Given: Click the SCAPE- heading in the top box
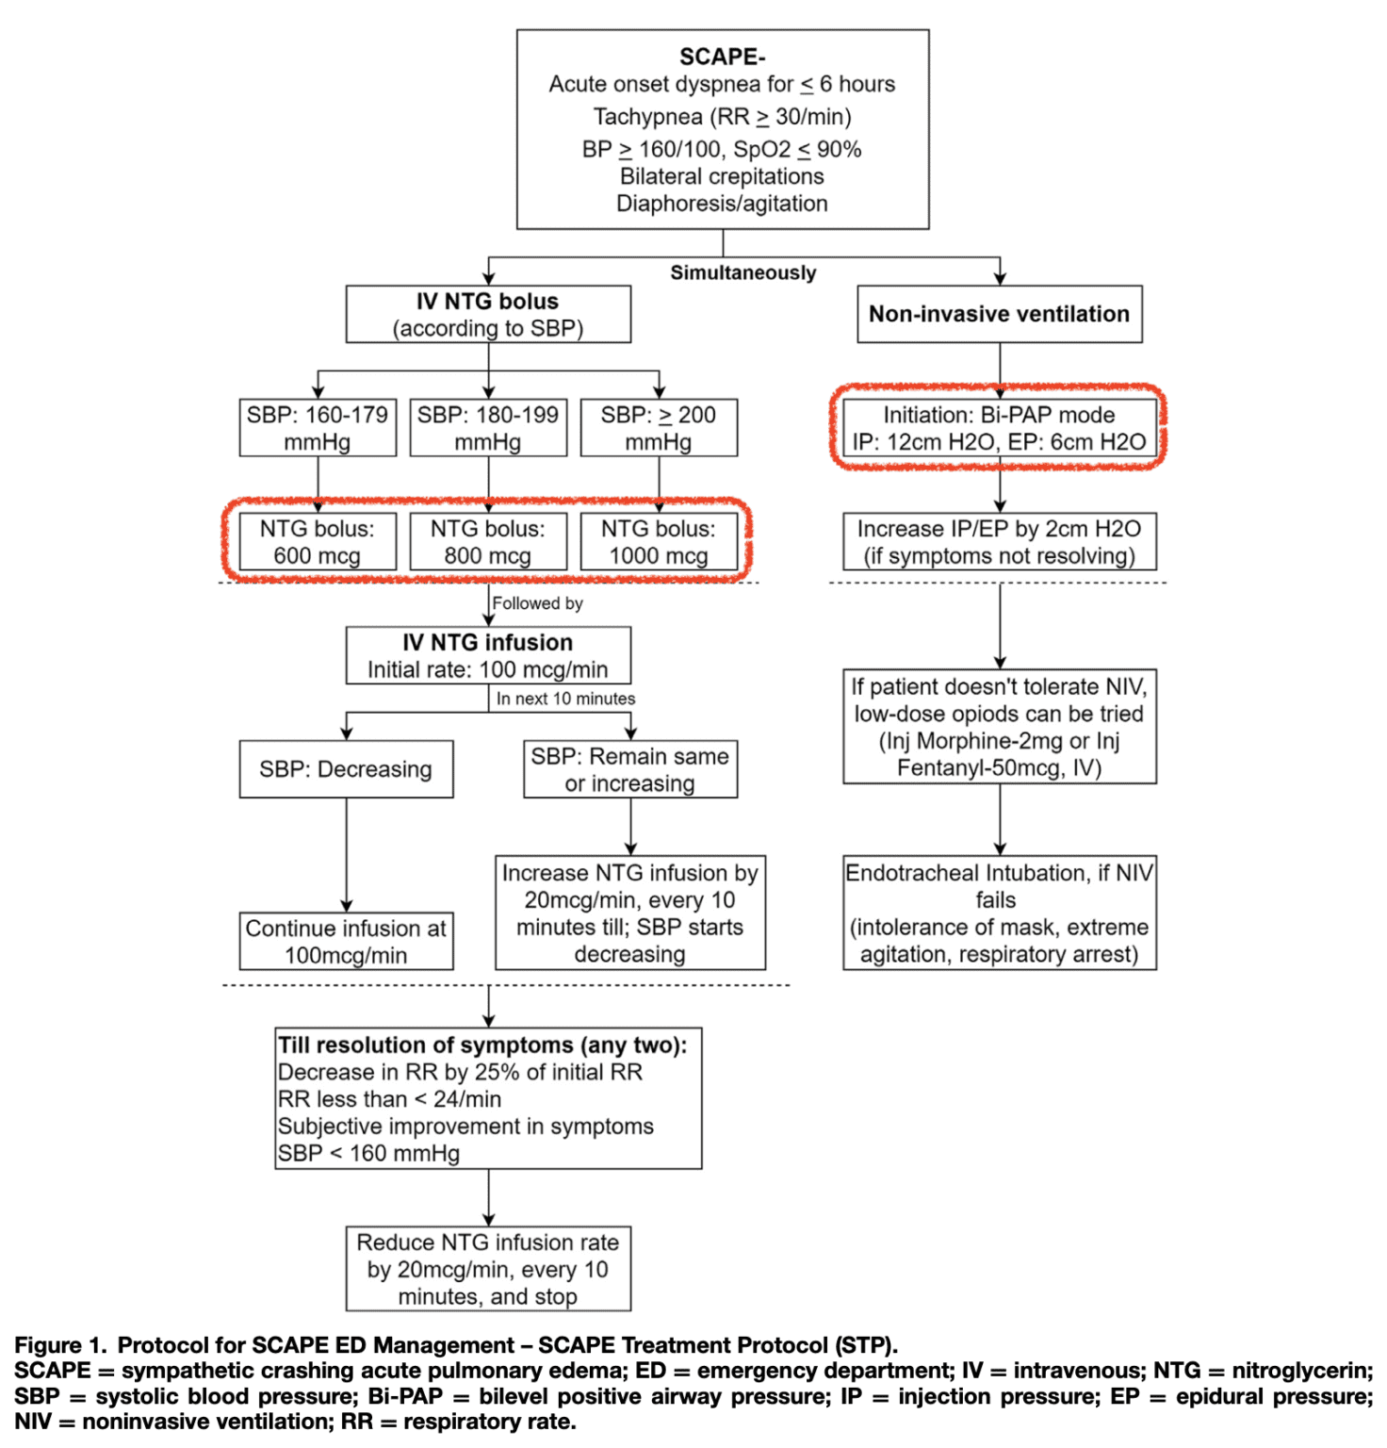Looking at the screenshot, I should coord(722,58).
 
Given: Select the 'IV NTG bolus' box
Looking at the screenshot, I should coord(488,314).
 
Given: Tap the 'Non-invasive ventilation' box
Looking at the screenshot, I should coord(999,314).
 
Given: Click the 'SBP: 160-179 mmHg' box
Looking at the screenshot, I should coord(318,428).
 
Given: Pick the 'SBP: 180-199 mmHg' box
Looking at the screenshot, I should coord(488,428).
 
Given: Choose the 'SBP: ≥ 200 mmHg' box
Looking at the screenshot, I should coord(659,428).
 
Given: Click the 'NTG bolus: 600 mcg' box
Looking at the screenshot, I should coord(318,542).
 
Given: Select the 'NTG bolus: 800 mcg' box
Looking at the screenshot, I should coord(488,542).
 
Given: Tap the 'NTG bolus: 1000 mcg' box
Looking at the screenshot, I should coord(659,542).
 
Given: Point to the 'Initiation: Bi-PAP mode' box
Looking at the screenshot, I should coord(999,428).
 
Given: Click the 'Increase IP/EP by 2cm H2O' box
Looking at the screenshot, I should coord(999,542).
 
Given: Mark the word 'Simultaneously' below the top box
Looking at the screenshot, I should coord(742,272).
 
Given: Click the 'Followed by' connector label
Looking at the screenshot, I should coord(537,603).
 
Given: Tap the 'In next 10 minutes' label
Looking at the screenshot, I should coord(565,699).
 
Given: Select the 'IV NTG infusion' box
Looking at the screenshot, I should coord(488,655).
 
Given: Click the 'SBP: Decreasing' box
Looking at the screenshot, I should coord(346,769).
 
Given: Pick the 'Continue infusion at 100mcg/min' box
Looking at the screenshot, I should coord(346,941).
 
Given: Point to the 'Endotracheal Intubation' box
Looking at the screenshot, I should coord(999,913).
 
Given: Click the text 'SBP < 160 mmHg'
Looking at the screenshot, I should coord(368,1153).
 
